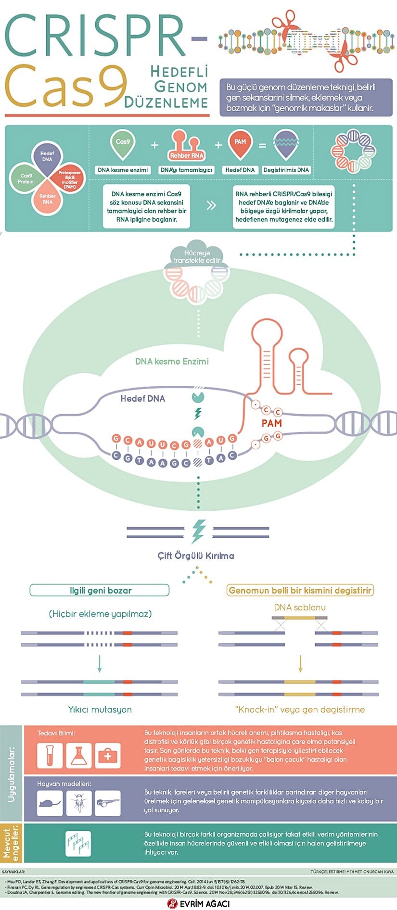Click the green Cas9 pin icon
coord(123,144)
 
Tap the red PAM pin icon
coord(240,144)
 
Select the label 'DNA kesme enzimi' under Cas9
coord(123,170)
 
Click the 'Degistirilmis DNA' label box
coord(286,170)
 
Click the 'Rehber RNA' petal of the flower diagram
coord(47,199)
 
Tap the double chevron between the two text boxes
coord(211,206)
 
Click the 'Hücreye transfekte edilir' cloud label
coord(197,256)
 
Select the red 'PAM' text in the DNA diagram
coord(271,423)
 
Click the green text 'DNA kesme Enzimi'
coord(172,361)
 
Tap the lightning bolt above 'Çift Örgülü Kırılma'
coord(198,531)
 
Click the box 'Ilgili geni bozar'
coord(100,590)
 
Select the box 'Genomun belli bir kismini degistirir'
coord(300,590)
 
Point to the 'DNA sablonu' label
coord(300,607)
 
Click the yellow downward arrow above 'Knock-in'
coord(300,663)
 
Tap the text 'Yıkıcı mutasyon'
coord(100,709)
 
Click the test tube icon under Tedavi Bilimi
coord(50,755)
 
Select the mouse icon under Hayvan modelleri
coord(50,803)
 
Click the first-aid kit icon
coord(107,756)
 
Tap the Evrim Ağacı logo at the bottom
coord(198,903)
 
